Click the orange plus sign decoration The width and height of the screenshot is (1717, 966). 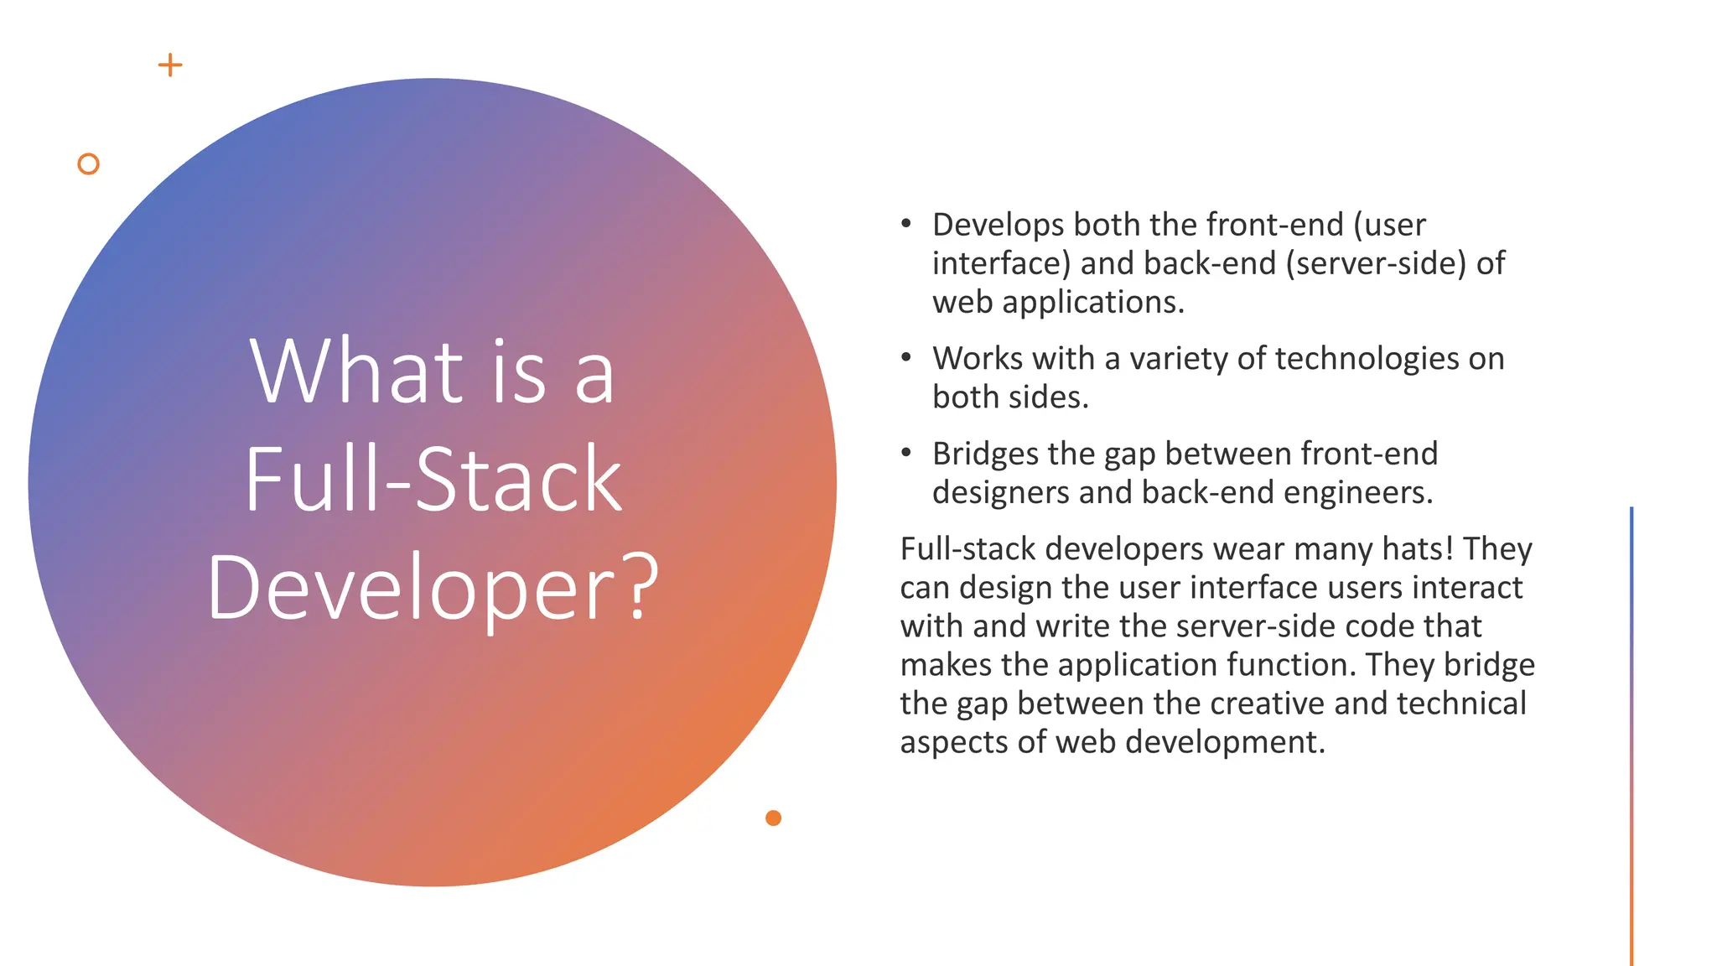170,65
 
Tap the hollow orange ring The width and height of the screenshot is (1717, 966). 88,164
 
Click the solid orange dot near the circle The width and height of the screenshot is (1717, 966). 773,818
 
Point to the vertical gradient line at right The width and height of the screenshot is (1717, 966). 1631,738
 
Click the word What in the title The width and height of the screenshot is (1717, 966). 356,371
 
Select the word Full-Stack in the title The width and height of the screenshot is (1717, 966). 433,479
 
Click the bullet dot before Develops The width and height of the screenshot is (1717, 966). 906,224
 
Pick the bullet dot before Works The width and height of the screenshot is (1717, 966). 906,358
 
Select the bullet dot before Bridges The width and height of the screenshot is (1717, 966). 906,453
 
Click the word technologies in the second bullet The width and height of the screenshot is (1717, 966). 1367,359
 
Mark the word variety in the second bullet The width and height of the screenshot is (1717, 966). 1178,359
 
